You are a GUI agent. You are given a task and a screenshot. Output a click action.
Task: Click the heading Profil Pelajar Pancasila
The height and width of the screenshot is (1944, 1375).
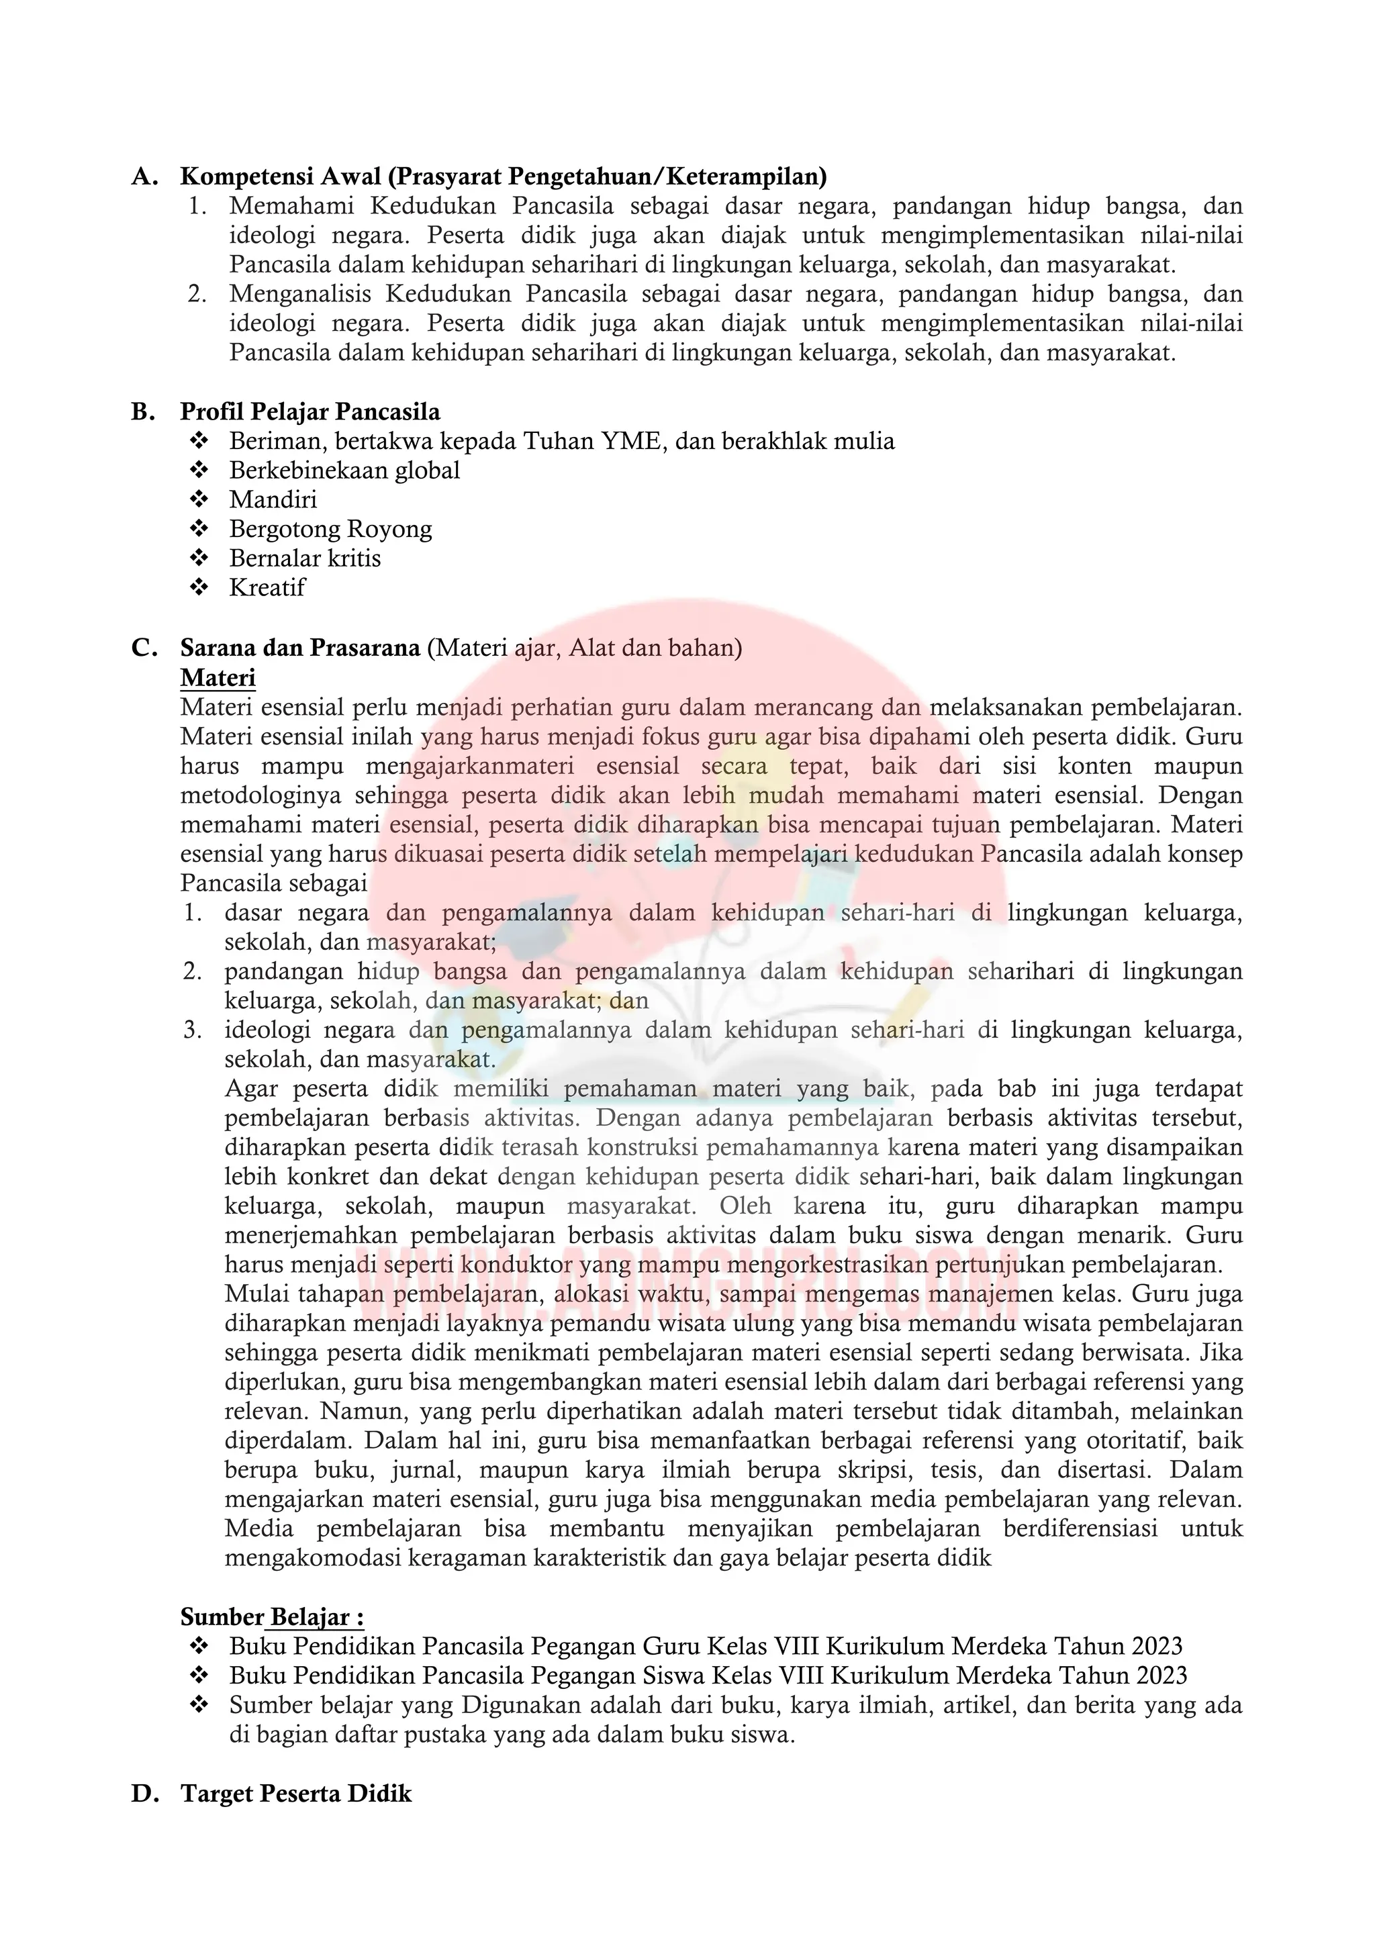(310, 411)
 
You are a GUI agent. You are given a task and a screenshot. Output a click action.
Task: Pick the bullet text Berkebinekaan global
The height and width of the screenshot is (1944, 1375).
(344, 470)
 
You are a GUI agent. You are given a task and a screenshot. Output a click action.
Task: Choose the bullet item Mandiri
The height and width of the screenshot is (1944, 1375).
(273, 499)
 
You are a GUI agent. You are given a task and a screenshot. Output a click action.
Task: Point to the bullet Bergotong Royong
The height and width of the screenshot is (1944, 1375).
(330, 528)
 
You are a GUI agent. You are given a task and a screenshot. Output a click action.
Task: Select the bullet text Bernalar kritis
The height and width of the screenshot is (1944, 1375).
(305, 558)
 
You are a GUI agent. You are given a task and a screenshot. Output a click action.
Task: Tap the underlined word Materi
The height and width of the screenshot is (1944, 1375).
(218, 677)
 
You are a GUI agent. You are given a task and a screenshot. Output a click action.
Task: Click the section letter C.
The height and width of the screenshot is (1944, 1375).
(142, 648)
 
